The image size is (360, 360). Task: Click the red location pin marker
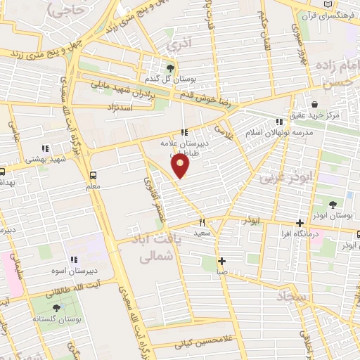pyautogui.click(x=181, y=165)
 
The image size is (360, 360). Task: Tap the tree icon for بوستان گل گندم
pyautogui.click(x=170, y=68)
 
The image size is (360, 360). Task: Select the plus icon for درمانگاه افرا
pyautogui.click(x=300, y=222)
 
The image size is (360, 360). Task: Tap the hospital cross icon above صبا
pyautogui.click(x=221, y=260)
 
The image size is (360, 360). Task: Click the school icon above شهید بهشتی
pyautogui.click(x=44, y=149)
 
